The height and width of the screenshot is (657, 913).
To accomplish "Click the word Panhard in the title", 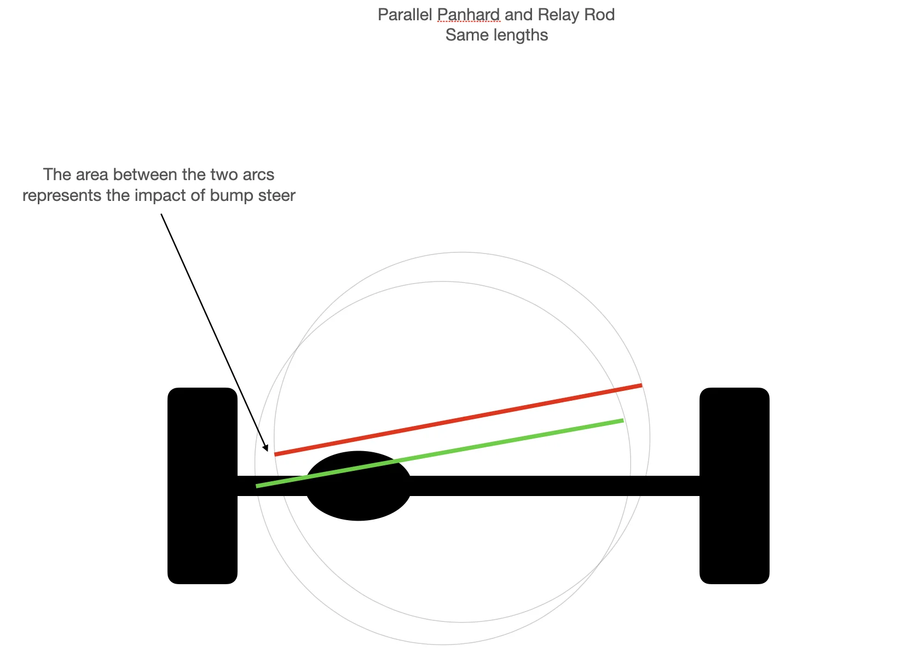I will [469, 15].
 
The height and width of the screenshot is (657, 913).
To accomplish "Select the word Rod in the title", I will [599, 15].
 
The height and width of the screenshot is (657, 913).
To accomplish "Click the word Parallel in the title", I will [405, 15].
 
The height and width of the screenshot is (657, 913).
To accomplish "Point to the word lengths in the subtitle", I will [522, 35].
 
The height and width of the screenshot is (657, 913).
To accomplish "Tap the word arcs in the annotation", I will [258, 175].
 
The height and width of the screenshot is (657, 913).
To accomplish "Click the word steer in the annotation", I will [276, 195].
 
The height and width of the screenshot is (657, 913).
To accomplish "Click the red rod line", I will [458, 420].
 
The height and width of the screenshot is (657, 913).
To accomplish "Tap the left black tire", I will [203, 486].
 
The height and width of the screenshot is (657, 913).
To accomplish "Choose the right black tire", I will [735, 486].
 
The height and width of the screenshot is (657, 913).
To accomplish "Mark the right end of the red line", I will [641, 385].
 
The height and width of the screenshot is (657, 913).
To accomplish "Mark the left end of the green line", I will [257, 486].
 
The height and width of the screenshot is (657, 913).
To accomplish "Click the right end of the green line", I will [622, 420].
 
